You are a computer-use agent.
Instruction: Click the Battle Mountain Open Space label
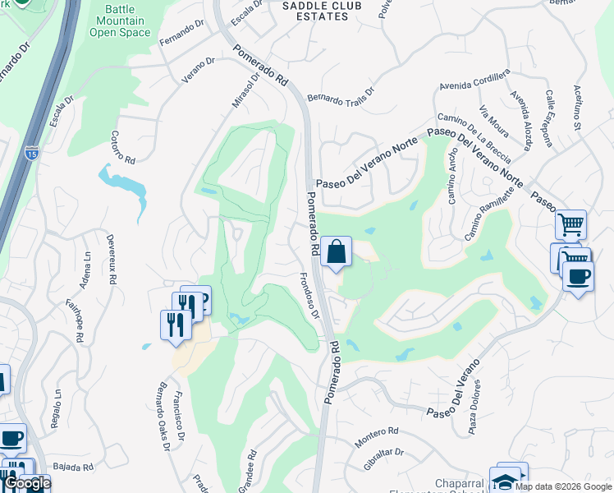click(x=120, y=21)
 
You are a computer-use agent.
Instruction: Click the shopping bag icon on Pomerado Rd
click(x=337, y=251)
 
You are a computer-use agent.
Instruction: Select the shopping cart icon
click(x=570, y=223)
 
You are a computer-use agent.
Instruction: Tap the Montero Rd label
click(x=376, y=435)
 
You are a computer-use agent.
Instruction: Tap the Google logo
click(x=26, y=483)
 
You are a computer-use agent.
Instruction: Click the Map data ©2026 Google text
click(x=562, y=486)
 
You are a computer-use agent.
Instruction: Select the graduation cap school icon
click(x=506, y=481)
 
